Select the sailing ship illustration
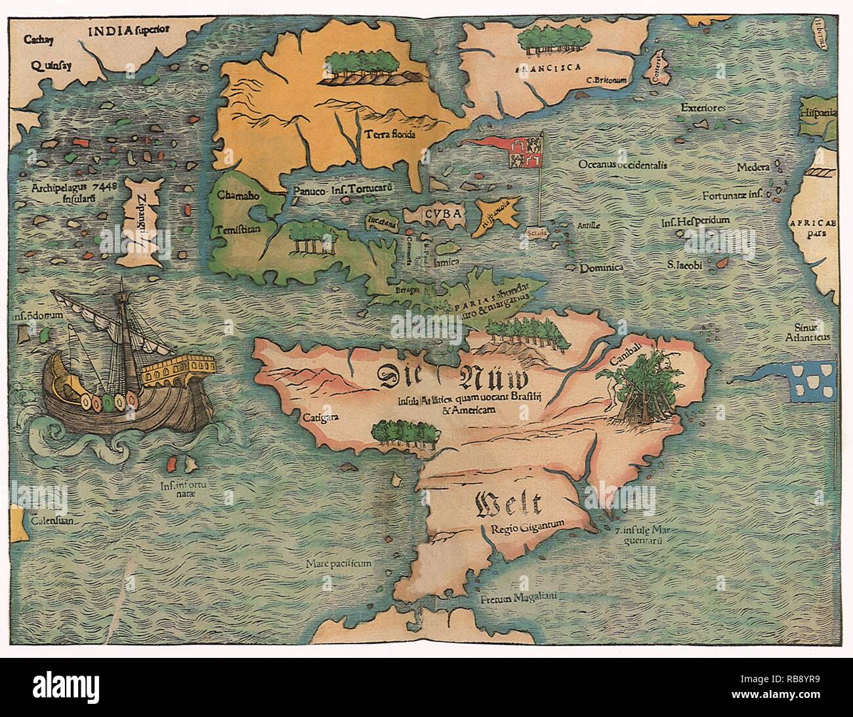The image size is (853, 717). pos(125,374)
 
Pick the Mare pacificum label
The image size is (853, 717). pos(339,563)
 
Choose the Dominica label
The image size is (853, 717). pos(600,268)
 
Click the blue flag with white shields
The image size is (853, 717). pos(813,380)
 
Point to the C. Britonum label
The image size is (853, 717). pos(608,81)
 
